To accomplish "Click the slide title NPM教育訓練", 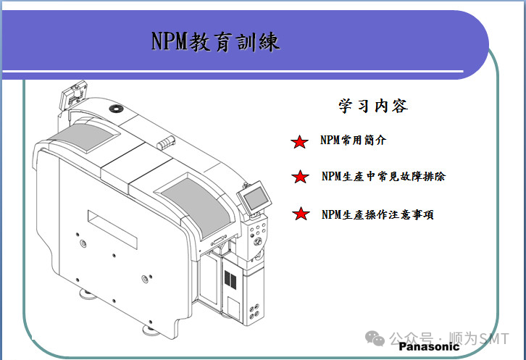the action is [x=215, y=41].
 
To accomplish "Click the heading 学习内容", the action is [x=373, y=106].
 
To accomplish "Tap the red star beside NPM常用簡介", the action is [x=299, y=142].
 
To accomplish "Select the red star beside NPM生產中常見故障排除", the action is [x=300, y=177].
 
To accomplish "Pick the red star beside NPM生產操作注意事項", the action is [x=301, y=214].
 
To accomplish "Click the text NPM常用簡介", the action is [x=353, y=140].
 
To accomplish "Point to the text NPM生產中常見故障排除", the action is [x=383, y=176].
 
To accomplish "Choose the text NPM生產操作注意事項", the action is [x=377, y=214].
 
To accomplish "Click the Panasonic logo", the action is [x=429, y=346].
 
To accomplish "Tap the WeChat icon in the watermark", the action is [x=375, y=338].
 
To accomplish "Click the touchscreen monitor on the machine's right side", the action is [x=254, y=198].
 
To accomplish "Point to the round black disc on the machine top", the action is [x=116, y=109].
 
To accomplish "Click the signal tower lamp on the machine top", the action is [x=166, y=143].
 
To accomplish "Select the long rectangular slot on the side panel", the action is [x=112, y=230].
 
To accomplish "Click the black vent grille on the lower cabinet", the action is [x=230, y=280].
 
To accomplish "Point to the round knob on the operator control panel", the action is [x=258, y=241].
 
